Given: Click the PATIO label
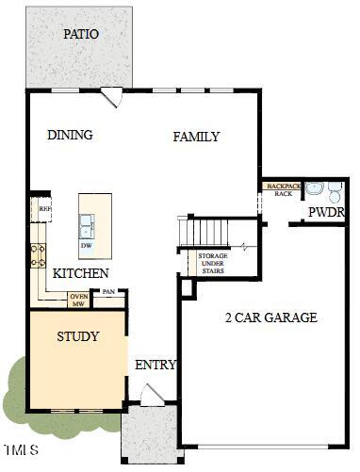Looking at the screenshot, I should [x=81, y=34].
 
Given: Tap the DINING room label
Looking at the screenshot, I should [x=70, y=135].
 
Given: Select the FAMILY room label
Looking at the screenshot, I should [x=196, y=137].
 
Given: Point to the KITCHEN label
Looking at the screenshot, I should [x=80, y=273].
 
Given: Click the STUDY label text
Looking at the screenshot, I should [x=77, y=335].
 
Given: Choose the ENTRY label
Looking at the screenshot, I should [x=152, y=365].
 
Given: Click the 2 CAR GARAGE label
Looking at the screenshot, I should [x=271, y=317].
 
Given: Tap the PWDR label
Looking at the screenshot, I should [x=326, y=212].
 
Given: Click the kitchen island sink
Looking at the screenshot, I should [x=87, y=224].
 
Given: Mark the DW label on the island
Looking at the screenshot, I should [x=86, y=244].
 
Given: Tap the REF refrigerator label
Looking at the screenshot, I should [x=44, y=208].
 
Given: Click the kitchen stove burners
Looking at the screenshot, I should [x=40, y=254].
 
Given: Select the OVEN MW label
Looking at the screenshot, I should [x=79, y=301].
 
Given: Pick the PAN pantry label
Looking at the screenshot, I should [x=108, y=292].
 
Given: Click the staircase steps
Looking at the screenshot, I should [x=205, y=230].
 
